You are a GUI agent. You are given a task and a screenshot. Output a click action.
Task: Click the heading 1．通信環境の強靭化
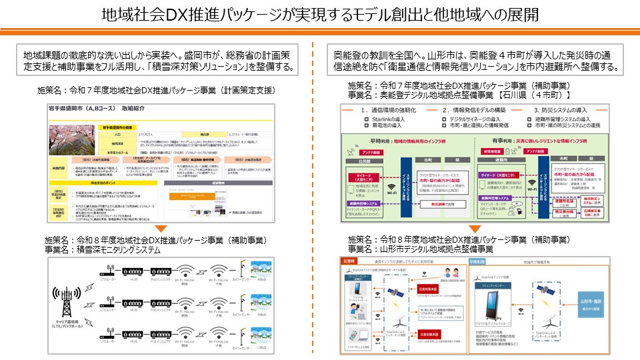coord(389,110)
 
